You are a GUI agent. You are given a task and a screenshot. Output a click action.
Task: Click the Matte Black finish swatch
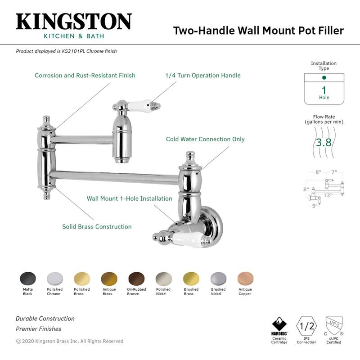tap(27, 278)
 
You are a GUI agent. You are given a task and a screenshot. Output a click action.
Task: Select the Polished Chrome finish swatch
tap(54, 278)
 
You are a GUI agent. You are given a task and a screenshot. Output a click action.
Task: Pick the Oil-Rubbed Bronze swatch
tap(136, 278)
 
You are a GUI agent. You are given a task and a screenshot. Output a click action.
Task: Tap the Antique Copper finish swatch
tap(245, 278)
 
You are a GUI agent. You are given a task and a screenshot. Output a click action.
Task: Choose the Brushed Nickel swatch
tap(218, 278)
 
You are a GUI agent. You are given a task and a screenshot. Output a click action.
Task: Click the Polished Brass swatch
tap(82, 278)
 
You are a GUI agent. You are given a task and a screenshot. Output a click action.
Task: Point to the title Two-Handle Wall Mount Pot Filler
tap(258, 31)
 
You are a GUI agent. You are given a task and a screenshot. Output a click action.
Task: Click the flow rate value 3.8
tap(324, 143)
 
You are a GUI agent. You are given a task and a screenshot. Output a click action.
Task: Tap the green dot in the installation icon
tap(324, 78)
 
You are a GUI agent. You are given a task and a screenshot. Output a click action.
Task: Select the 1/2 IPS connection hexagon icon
tap(306, 325)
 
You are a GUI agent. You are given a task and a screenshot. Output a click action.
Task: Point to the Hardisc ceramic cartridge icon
tap(279, 325)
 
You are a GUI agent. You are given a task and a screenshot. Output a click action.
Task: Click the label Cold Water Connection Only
tap(205, 139)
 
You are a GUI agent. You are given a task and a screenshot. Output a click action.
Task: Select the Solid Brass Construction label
tap(97, 226)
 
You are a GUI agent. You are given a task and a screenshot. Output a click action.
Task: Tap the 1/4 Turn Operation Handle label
tap(203, 75)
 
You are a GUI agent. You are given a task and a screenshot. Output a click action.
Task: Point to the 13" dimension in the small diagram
tap(328, 195)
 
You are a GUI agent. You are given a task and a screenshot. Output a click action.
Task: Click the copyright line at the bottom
tap(70, 341)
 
